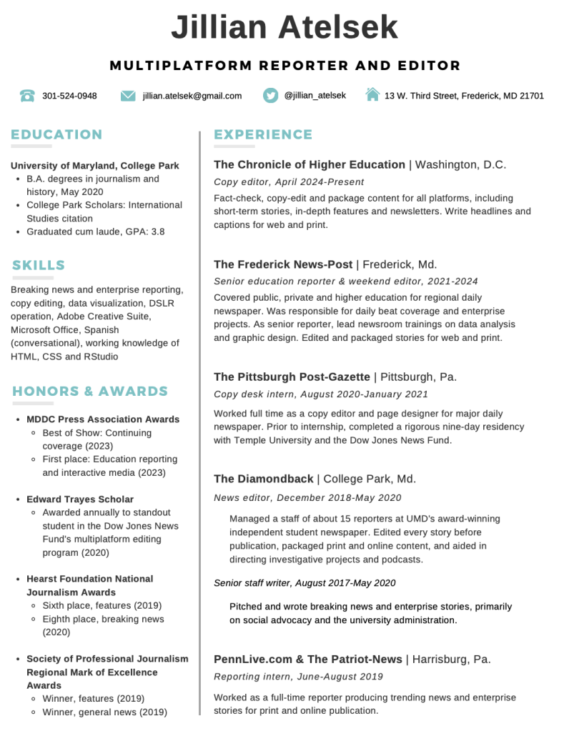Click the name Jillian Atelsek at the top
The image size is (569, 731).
(x=284, y=28)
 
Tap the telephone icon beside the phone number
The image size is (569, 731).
(x=27, y=96)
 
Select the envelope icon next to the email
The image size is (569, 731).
(x=128, y=96)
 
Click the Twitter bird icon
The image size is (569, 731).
(x=269, y=95)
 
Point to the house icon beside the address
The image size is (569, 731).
(x=372, y=94)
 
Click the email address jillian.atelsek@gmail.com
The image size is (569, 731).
(x=192, y=96)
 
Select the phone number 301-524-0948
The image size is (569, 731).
(x=69, y=96)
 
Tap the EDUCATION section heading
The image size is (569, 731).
(x=56, y=134)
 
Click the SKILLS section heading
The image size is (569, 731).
(x=39, y=265)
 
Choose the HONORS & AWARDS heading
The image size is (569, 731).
(x=90, y=391)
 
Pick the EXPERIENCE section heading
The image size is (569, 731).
(x=263, y=134)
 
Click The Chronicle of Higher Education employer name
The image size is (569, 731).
(x=310, y=164)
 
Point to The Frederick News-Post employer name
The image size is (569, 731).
(x=283, y=264)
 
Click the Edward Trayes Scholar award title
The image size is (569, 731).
(x=80, y=499)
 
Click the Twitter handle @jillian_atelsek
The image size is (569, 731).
(x=315, y=95)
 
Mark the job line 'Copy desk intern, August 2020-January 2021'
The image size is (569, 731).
(x=321, y=394)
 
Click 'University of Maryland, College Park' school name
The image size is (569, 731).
(x=95, y=165)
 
